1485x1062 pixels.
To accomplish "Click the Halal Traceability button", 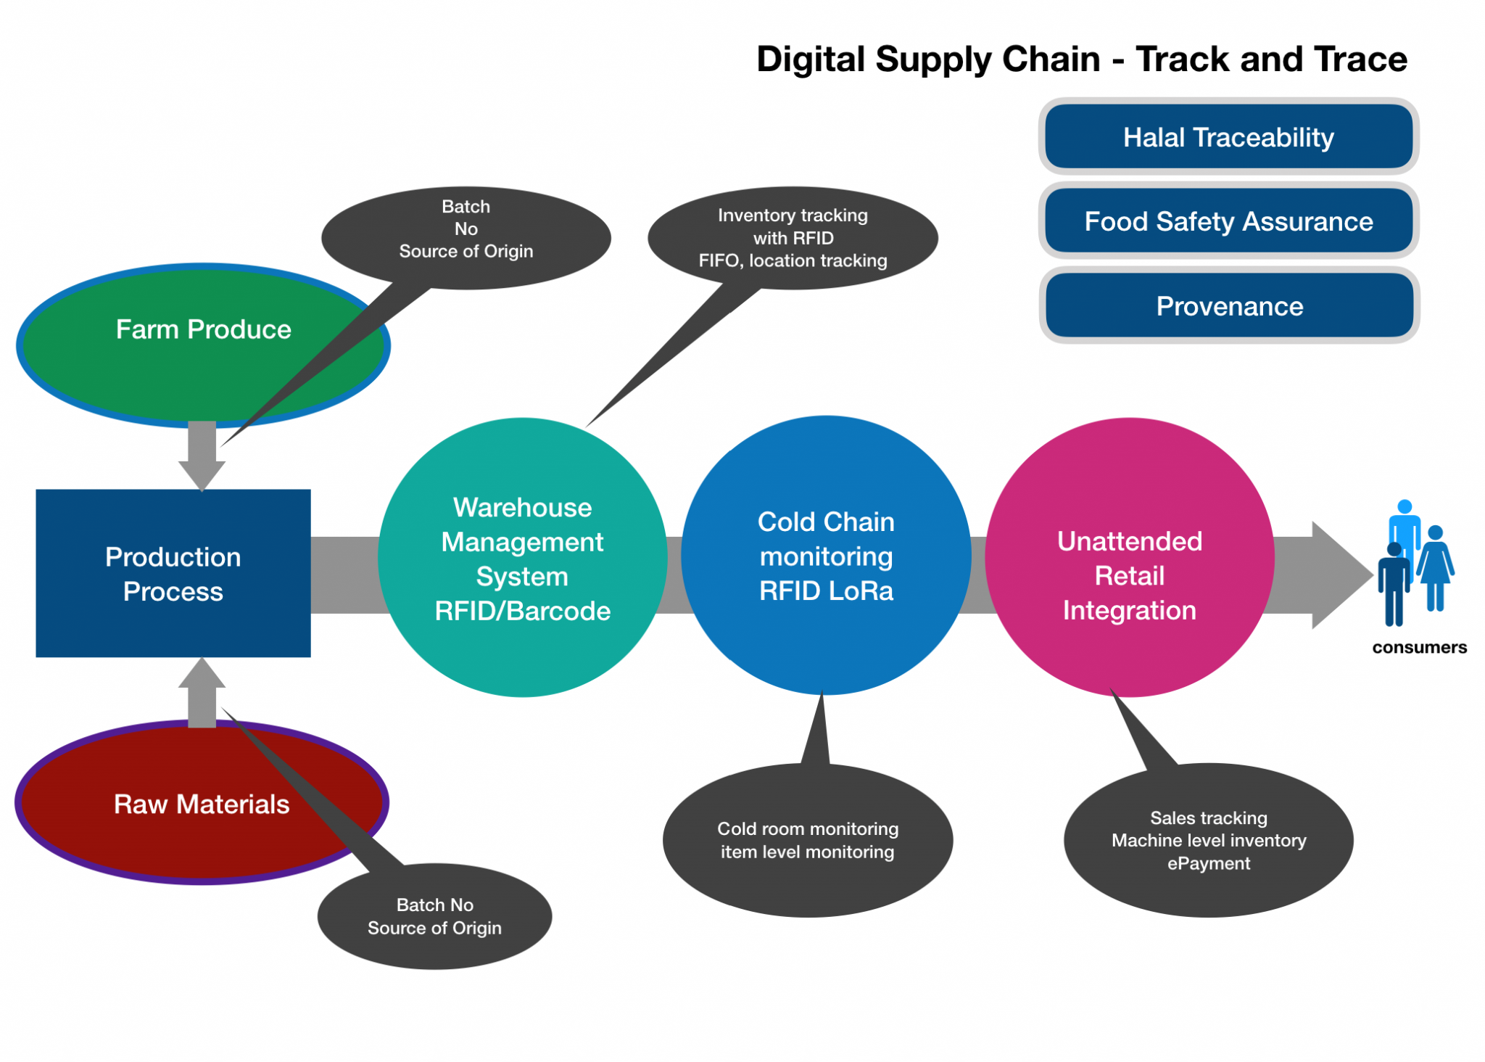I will click(x=1228, y=136).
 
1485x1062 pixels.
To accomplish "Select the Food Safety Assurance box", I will click(x=1228, y=221).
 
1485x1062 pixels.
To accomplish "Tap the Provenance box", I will click(x=1228, y=306).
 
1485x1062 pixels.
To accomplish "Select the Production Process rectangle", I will click(x=173, y=573).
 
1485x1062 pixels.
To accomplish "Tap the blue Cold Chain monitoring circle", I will click(x=825, y=556).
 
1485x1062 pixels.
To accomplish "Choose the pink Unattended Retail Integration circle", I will click(x=1129, y=575).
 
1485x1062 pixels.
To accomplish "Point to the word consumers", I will click(x=1419, y=647).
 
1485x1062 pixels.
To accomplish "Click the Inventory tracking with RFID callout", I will click(x=792, y=238).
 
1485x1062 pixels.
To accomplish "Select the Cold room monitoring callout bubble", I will click(x=807, y=840).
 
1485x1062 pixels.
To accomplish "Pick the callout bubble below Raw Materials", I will click(x=434, y=916).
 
